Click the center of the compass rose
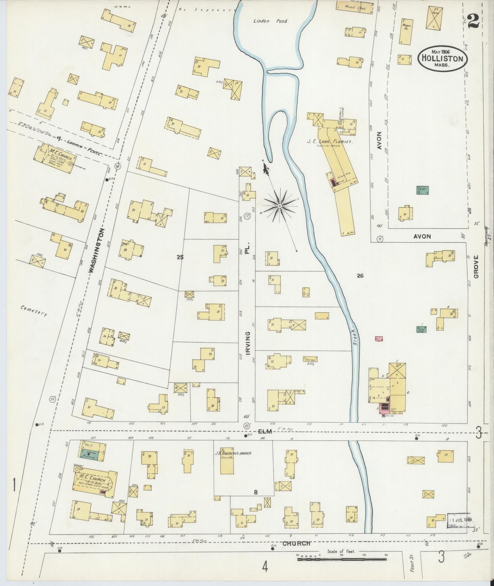click(x=280, y=206)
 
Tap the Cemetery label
click(x=34, y=310)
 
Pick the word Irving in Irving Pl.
click(x=248, y=343)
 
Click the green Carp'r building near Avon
click(x=423, y=190)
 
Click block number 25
click(x=180, y=257)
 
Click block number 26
click(x=360, y=276)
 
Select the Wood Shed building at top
click(x=355, y=7)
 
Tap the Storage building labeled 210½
click(x=310, y=359)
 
